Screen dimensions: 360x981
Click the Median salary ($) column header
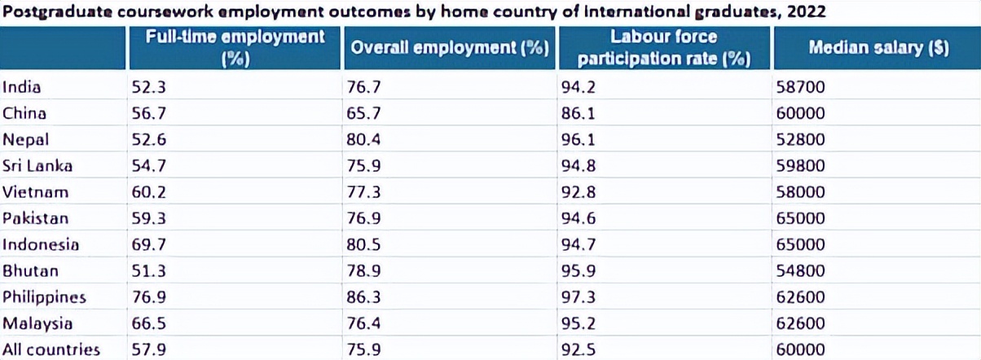[x=878, y=48]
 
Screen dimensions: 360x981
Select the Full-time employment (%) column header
[x=235, y=48]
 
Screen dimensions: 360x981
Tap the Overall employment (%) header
[x=447, y=48]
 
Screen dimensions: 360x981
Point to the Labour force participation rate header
[x=663, y=48]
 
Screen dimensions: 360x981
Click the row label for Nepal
[x=26, y=139]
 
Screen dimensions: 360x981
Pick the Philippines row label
[x=45, y=297]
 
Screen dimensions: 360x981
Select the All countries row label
[x=51, y=349]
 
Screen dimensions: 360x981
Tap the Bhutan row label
[x=30, y=271]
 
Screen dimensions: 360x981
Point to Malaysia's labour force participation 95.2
[x=578, y=323]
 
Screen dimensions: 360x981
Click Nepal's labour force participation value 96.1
[x=578, y=139]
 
